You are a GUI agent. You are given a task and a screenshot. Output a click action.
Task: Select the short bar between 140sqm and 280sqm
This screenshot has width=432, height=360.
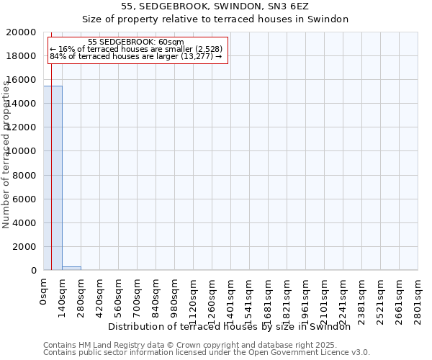click(71, 268)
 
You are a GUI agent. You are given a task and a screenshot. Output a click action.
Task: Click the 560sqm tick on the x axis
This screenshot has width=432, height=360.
click(118, 296)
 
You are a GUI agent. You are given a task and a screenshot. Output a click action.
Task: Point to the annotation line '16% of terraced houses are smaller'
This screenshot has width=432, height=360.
click(136, 49)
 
